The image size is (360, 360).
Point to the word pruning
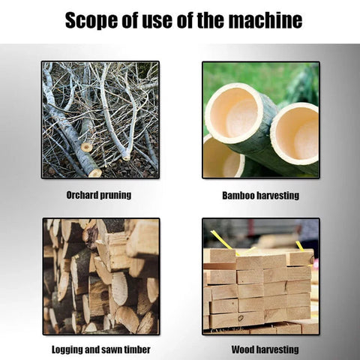click(x=115, y=196)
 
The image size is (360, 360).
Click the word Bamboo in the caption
click(x=238, y=196)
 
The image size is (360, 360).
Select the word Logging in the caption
click(x=67, y=349)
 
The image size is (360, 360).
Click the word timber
click(x=137, y=349)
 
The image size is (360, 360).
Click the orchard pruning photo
click(x=100, y=120)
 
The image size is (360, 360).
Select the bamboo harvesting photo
click(x=261, y=120)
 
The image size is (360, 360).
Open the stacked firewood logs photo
click(x=101, y=277)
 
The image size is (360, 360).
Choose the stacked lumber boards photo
click(x=261, y=277)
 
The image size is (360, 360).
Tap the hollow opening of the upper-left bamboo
click(x=235, y=114)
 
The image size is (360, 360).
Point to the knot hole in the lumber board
click(x=241, y=318)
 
